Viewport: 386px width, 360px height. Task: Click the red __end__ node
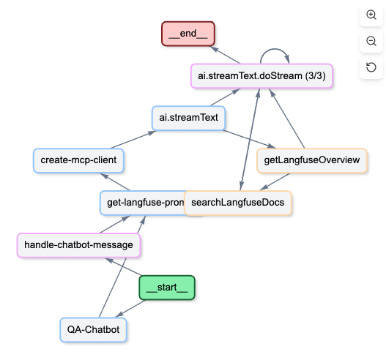[x=189, y=34]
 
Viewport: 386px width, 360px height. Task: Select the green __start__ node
[x=167, y=288]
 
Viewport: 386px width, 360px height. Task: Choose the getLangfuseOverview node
[x=311, y=160]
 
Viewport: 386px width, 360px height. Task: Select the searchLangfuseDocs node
[x=238, y=202]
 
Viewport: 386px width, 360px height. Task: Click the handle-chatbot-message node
[x=78, y=244]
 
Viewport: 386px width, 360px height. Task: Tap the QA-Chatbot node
[x=93, y=330]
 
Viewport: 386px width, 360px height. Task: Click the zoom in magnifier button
[x=371, y=15]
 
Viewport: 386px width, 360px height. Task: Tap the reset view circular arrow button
[x=371, y=68]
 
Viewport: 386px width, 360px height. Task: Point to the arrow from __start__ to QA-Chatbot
[x=132, y=308]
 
